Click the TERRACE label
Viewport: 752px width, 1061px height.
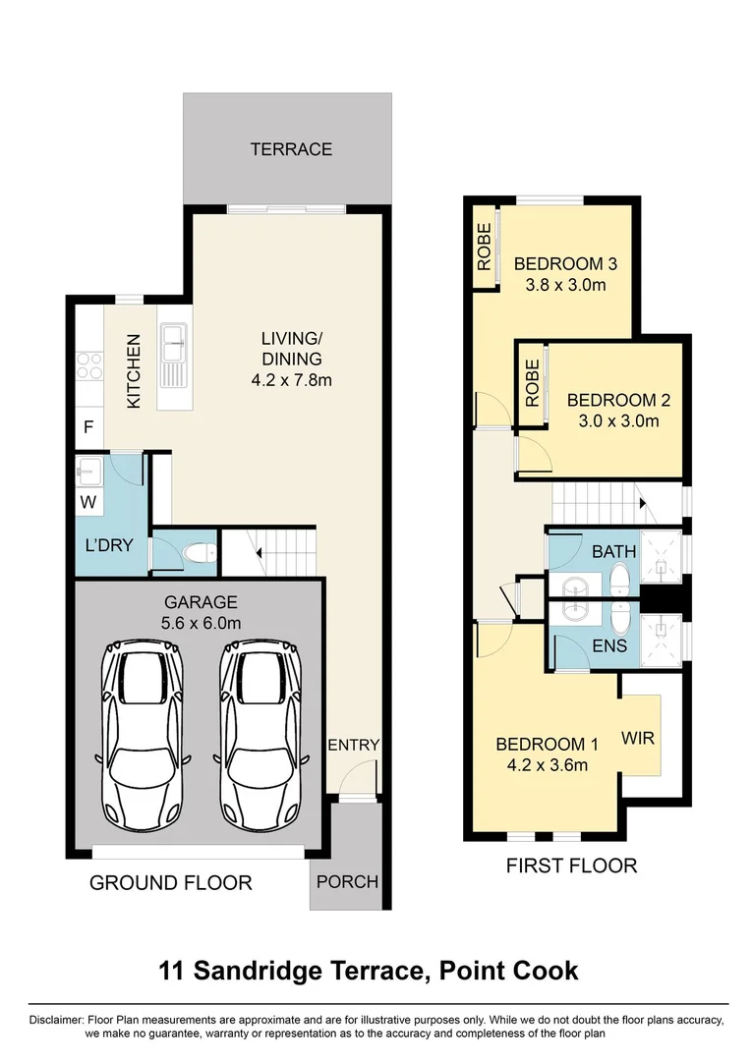click(x=291, y=149)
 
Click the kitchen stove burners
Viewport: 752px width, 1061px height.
click(x=89, y=365)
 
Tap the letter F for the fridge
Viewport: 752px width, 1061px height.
click(x=88, y=428)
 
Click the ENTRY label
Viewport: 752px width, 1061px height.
click(x=353, y=745)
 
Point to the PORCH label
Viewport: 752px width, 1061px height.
click(x=347, y=881)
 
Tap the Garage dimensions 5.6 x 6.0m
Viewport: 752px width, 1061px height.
click(x=201, y=622)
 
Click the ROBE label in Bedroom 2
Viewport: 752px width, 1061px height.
click(x=532, y=382)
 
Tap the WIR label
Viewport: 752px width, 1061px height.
click(x=639, y=737)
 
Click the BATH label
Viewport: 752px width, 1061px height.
click(x=613, y=552)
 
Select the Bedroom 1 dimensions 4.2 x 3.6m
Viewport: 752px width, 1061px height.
click(x=542, y=764)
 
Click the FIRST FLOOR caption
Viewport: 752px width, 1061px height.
click(x=571, y=866)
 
